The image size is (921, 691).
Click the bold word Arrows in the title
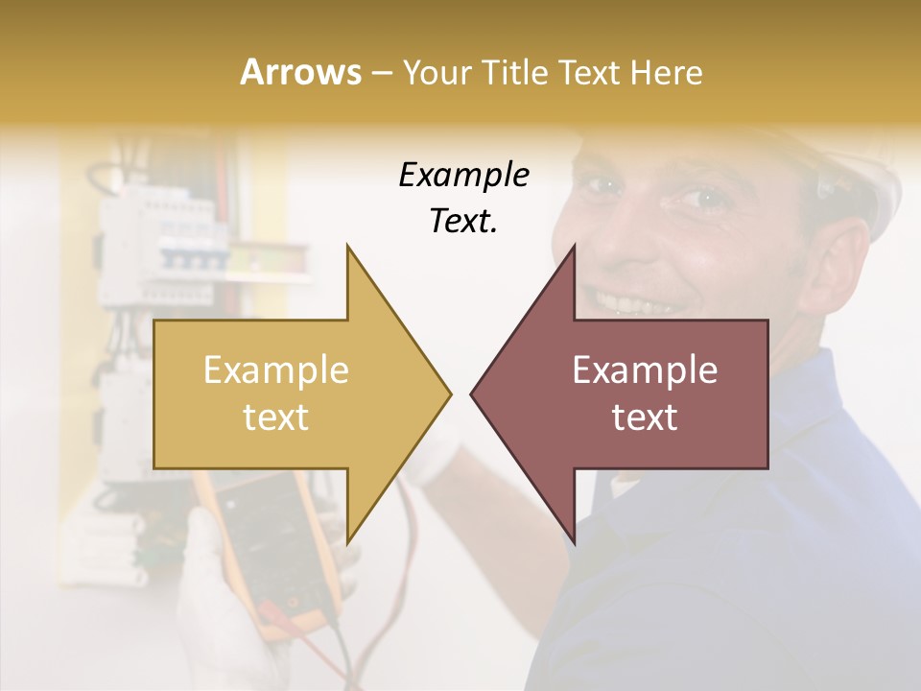point(300,72)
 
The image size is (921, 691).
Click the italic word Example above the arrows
point(463,176)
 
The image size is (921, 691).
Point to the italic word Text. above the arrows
point(463,222)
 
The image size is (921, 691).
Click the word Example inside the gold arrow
point(276,370)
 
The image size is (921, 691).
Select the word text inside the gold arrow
point(276,417)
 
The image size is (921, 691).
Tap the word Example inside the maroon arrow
point(645,370)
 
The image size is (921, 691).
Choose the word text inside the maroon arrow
point(645,417)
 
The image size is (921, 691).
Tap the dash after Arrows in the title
point(380,74)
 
